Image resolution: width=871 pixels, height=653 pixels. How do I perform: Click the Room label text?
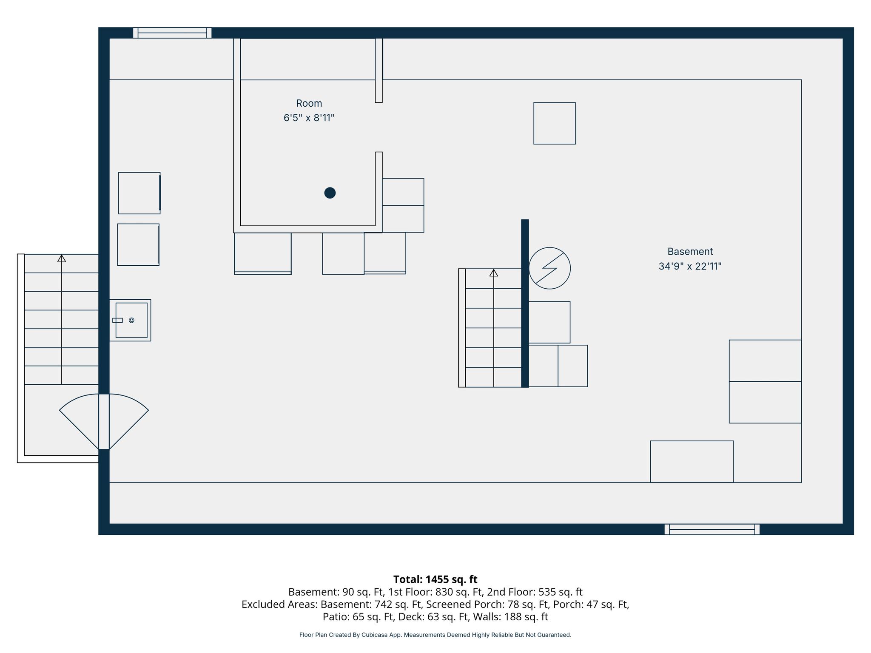pos(309,103)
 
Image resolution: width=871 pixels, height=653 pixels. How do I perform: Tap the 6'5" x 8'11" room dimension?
pos(309,118)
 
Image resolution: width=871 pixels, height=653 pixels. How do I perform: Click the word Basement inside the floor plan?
pos(690,252)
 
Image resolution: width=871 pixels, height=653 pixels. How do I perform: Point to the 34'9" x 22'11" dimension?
pos(690,266)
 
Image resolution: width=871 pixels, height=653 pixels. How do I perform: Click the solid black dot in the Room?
pos(330,193)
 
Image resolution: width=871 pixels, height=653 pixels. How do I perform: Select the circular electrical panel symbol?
pos(549,268)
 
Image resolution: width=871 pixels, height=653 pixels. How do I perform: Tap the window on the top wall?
pos(172,33)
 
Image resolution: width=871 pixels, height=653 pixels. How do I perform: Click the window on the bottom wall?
pos(712,529)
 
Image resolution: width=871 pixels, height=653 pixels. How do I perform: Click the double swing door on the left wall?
pos(104,422)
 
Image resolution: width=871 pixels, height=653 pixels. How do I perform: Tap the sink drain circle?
pos(131,320)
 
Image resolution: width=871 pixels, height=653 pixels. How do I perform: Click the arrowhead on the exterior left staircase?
pos(62,258)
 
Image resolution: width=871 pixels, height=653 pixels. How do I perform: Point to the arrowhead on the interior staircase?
pos(493,273)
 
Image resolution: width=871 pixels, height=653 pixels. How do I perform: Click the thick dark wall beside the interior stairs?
pos(525,303)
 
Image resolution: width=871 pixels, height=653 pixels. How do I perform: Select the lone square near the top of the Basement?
pos(555,123)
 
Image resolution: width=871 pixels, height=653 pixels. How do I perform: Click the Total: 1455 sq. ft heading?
pos(435,579)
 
